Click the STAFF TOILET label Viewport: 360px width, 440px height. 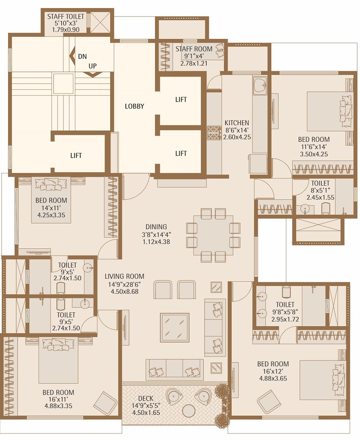pos(66,17)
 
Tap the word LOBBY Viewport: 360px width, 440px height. pos(134,106)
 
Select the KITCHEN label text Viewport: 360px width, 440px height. pos(237,123)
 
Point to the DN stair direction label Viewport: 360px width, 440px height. pos(83,56)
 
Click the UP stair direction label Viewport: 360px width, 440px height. pos(93,66)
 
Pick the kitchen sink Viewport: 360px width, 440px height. pos(260,86)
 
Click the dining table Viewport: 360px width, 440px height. pos(213,235)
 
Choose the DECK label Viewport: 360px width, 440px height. pos(146,399)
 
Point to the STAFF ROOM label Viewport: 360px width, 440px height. pos(194,49)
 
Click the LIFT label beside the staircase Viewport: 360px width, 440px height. pos(76,155)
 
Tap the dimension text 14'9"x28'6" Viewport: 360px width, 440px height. pos(124,284)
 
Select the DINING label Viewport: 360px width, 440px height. pos(156,227)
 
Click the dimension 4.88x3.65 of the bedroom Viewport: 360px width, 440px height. pos(273,379)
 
